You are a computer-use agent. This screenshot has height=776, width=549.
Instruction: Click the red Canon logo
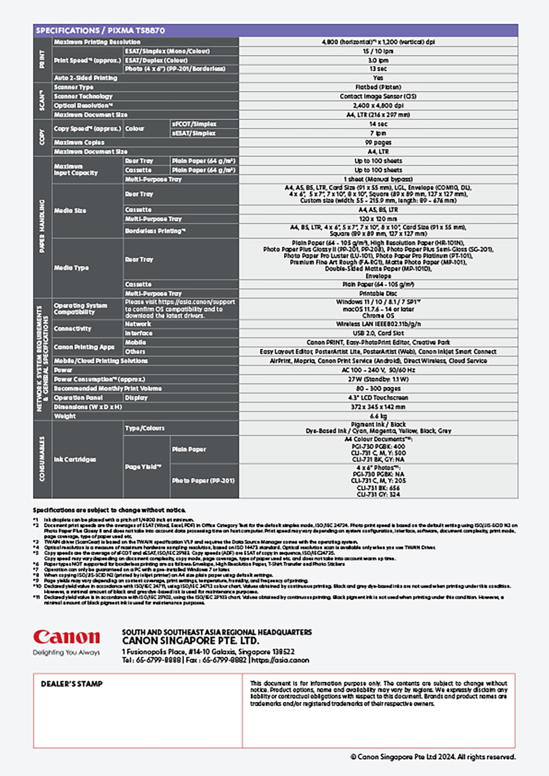point(66,637)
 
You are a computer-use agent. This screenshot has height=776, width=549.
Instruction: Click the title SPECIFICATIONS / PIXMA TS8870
point(100,30)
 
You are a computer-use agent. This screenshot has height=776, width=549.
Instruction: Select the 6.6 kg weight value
point(378,416)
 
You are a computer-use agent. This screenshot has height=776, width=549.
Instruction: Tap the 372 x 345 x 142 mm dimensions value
point(378,407)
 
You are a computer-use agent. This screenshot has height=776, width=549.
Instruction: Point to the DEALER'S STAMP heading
point(72,684)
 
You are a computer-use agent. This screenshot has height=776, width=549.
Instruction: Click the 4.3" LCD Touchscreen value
point(378,398)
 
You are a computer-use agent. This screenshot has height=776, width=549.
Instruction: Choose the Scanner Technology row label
point(83,96)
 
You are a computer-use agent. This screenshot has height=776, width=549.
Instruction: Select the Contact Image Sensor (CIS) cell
point(378,96)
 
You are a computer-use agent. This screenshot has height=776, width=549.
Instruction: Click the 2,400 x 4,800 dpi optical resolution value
point(378,105)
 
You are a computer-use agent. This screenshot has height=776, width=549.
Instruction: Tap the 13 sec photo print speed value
point(378,69)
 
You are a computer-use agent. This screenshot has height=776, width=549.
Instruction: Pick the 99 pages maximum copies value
point(378,142)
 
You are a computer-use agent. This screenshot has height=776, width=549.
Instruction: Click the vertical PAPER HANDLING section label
point(42,226)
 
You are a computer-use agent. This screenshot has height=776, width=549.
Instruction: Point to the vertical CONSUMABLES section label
point(42,458)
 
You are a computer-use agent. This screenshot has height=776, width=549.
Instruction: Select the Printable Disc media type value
point(378,294)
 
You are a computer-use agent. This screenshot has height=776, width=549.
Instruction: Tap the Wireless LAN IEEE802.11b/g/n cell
point(378,324)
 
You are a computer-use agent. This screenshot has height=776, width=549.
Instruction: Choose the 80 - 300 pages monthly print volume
point(378,388)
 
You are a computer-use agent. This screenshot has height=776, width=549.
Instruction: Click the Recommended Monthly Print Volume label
point(108,388)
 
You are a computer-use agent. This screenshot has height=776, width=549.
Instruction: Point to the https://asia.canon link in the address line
point(280,660)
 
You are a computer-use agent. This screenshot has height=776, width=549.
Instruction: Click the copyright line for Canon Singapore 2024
point(433,757)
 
